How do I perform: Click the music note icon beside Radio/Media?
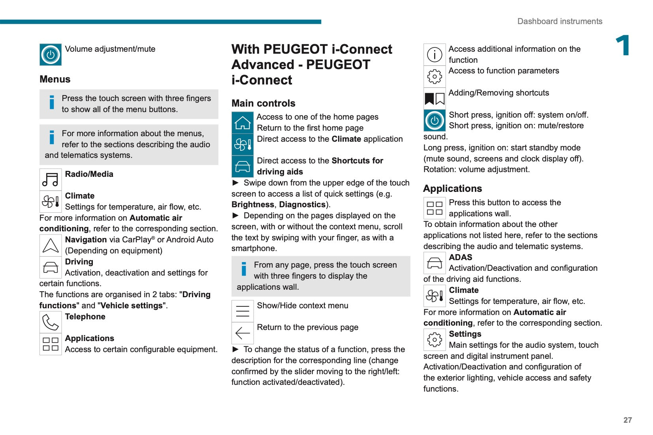tap(51, 180)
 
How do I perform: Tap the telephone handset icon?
tap(51, 322)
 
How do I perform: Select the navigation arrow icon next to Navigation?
tap(51, 246)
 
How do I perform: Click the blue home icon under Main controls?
tap(243, 123)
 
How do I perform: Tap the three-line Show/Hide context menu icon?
tap(243, 311)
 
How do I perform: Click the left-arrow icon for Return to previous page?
tap(243, 333)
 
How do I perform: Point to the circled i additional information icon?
tap(435, 54)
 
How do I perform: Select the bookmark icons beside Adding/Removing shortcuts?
tap(435, 99)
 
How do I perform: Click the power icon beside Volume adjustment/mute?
tap(51, 54)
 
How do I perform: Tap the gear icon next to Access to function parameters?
tap(435, 77)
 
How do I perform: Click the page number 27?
tap(627, 420)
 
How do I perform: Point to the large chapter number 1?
tap(623, 46)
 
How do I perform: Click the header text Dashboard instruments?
tap(560, 21)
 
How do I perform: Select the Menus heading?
tap(55, 79)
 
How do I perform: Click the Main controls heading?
tap(263, 103)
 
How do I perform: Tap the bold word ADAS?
tap(461, 257)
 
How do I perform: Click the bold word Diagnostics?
tap(302, 204)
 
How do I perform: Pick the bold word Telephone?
tap(85, 317)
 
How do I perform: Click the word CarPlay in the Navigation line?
tap(137, 240)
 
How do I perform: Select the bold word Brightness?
tap(253, 204)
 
